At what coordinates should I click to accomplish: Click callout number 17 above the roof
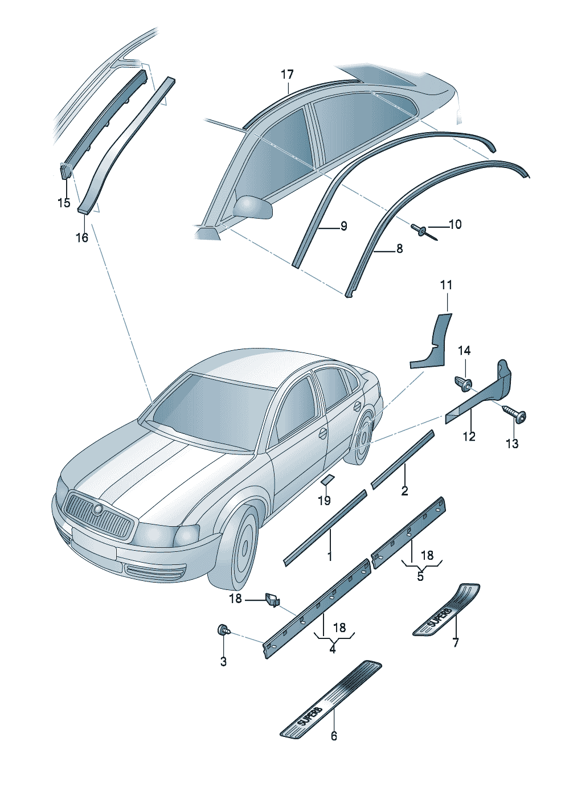click(287, 75)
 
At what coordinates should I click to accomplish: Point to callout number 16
click(82, 237)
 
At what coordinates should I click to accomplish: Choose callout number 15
click(64, 203)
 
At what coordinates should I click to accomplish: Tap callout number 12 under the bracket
click(469, 436)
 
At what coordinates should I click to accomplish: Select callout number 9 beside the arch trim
click(343, 226)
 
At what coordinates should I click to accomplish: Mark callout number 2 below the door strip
click(404, 491)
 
